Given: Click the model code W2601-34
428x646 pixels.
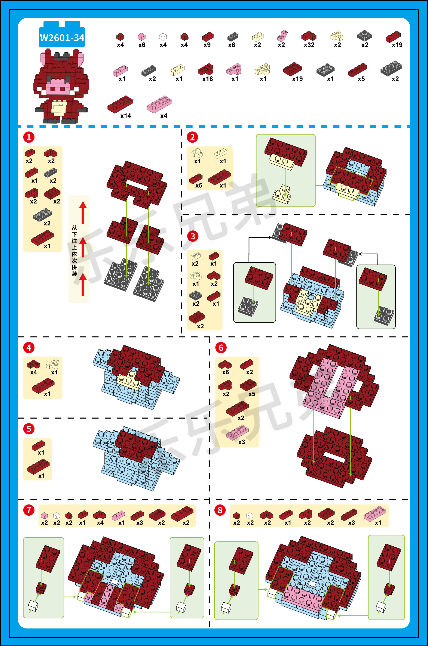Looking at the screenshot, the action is tap(62, 38).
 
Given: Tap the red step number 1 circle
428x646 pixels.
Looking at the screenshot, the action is tap(29, 137).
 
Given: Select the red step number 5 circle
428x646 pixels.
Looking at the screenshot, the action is tap(29, 429).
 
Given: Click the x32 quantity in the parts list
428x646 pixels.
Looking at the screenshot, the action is tap(309, 45).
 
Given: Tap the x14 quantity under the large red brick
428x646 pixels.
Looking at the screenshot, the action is tap(126, 116).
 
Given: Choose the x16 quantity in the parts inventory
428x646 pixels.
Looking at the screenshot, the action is tap(207, 79).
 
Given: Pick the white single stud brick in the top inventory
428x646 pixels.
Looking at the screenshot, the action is tap(163, 37).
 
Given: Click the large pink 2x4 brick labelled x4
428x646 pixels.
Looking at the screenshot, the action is tap(159, 104).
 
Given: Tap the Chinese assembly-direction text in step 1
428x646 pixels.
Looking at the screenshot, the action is tap(74, 251).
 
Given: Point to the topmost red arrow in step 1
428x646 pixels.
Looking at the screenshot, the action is tap(83, 213).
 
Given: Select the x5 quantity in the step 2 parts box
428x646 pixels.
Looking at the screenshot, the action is tap(199, 186).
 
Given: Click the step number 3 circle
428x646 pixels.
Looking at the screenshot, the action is tap(193, 236).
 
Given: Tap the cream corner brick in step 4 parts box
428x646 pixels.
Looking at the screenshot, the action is tap(53, 364).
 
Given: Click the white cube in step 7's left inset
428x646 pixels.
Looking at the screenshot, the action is tap(33, 606).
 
